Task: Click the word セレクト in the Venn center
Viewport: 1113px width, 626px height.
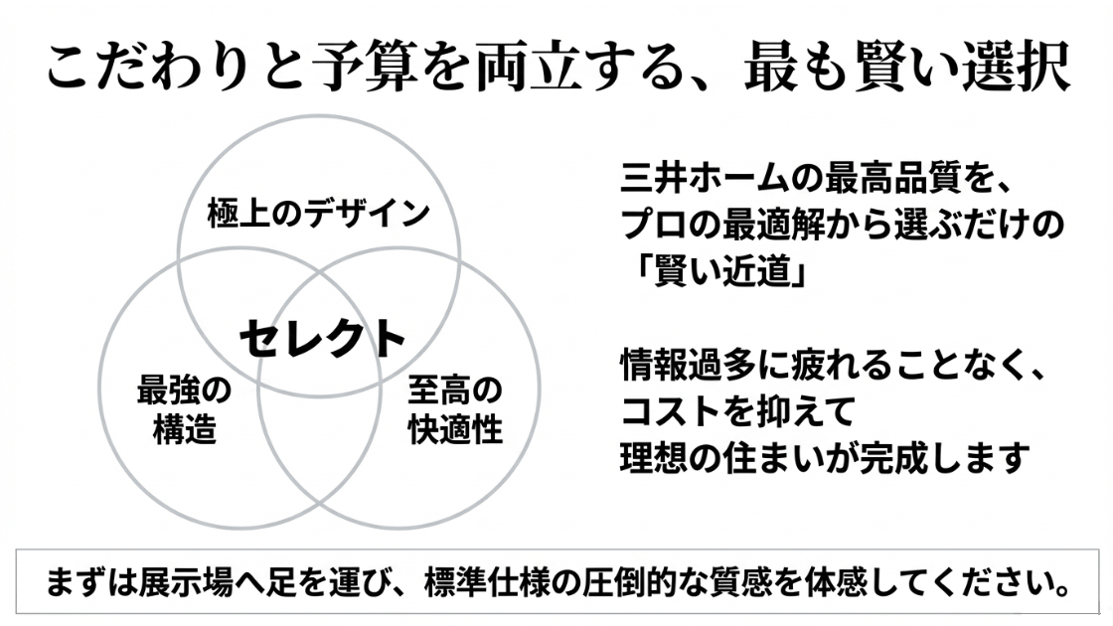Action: pyautogui.click(x=323, y=338)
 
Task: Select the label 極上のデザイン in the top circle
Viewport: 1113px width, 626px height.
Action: pyautogui.click(x=318, y=213)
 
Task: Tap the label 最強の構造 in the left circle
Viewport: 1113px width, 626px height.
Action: pyautogui.click(x=184, y=409)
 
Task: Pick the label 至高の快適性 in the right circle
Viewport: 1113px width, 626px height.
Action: pyautogui.click(x=455, y=409)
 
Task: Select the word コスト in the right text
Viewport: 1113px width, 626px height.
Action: pyautogui.click(x=672, y=410)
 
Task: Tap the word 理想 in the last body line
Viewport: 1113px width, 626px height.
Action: pyautogui.click(x=654, y=457)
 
